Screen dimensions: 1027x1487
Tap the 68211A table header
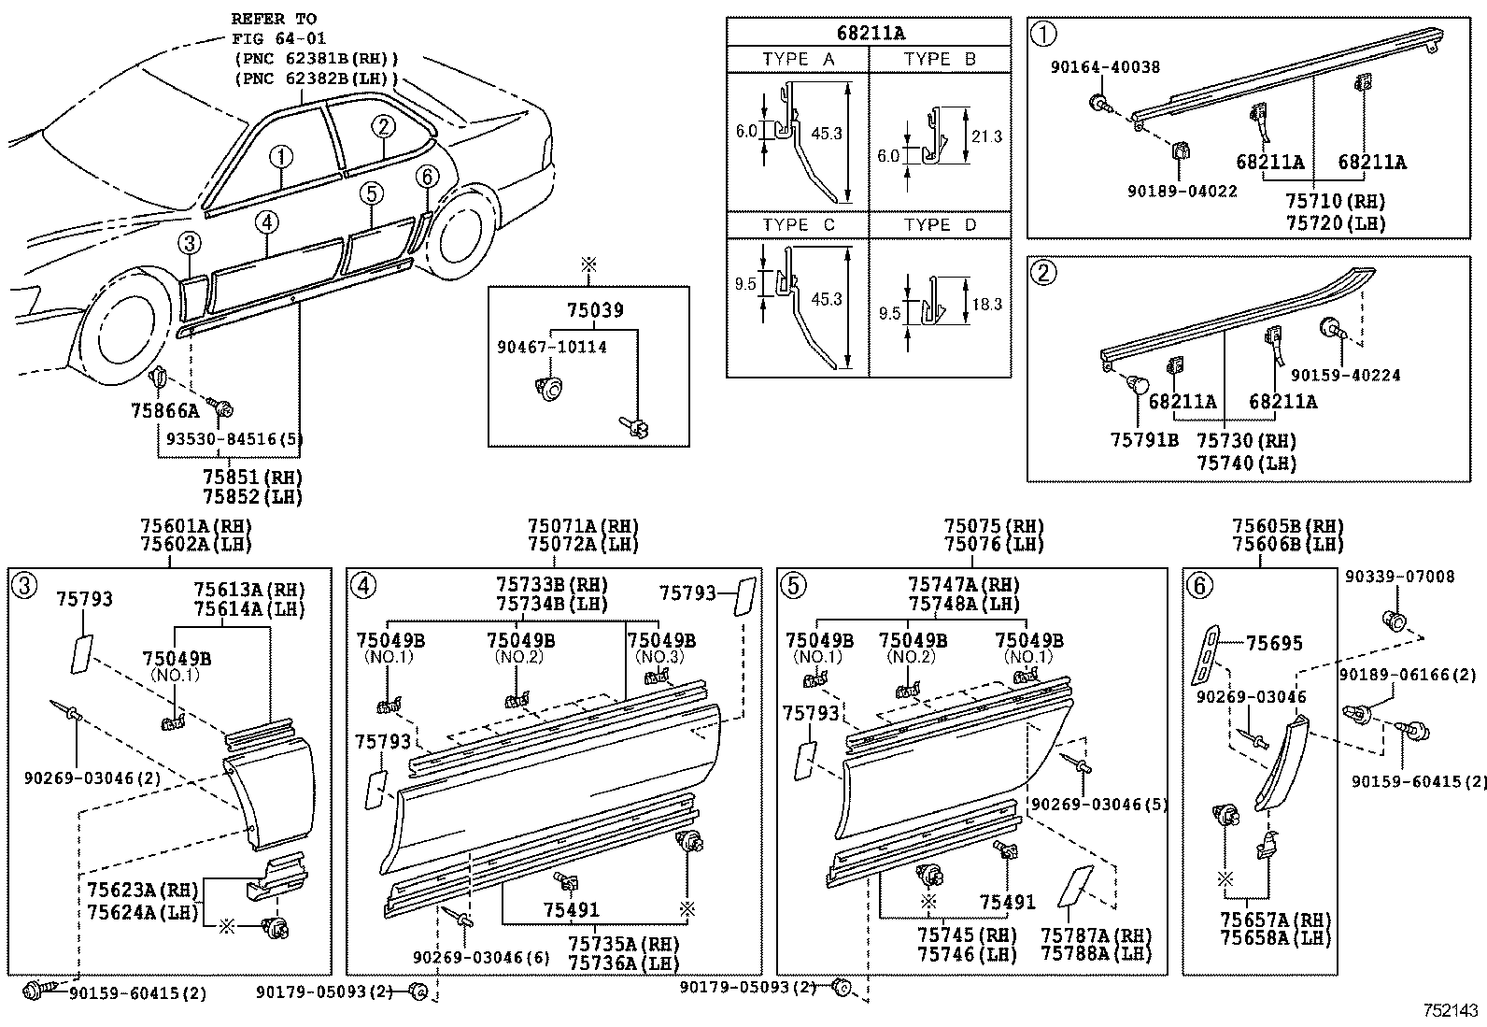869,34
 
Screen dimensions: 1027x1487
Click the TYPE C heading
798,225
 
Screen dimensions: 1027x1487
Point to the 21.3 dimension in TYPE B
986,136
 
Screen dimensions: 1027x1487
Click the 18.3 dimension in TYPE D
986,304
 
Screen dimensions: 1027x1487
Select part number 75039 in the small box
594,310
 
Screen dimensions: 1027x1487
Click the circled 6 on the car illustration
426,177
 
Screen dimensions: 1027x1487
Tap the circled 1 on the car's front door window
281,156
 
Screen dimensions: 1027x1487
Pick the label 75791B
1144,439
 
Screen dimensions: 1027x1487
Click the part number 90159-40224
1345,375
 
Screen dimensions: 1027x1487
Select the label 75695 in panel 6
1273,643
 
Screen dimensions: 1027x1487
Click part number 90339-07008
1399,577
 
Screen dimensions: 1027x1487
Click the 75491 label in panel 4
571,910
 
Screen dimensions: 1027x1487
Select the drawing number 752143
1451,1010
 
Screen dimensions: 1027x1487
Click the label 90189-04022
1181,191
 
